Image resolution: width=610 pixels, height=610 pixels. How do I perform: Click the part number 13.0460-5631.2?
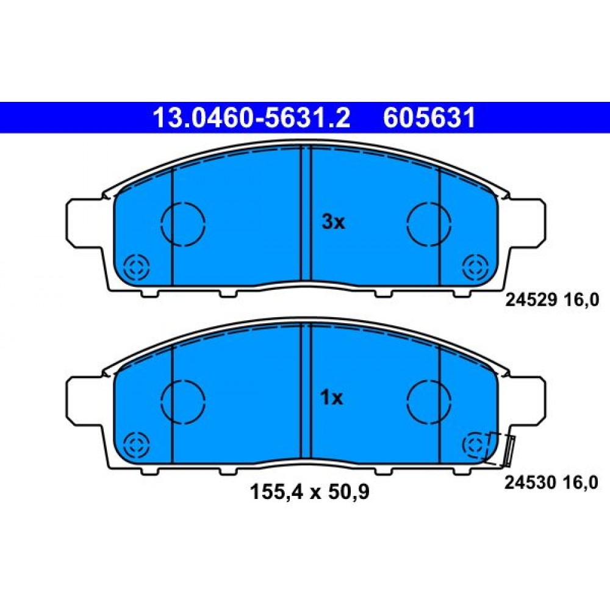(x=252, y=118)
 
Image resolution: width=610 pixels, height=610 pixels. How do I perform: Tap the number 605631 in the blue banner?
(x=429, y=118)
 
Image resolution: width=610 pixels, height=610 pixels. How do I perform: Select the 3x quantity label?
(x=334, y=222)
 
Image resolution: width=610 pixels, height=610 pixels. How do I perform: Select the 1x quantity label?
(x=332, y=398)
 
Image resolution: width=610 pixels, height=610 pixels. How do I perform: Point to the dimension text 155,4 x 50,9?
(x=309, y=492)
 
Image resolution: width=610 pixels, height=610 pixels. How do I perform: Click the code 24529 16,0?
(x=552, y=300)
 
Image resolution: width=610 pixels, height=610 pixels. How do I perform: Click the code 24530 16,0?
(x=551, y=483)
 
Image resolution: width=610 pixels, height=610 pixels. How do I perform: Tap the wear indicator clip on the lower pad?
(x=509, y=451)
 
